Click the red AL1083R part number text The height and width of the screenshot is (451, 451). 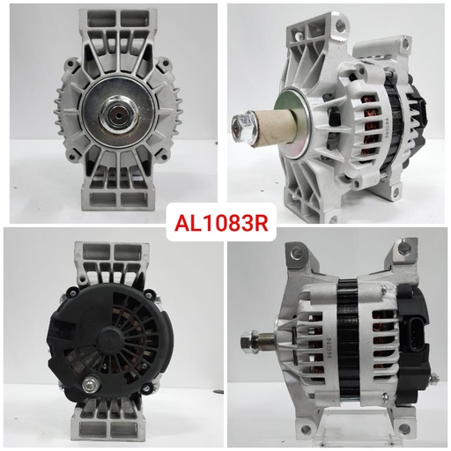pos(225,225)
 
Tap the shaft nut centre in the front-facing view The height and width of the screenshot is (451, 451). pos(115,112)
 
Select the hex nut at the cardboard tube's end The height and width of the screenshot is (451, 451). pos(237,126)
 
